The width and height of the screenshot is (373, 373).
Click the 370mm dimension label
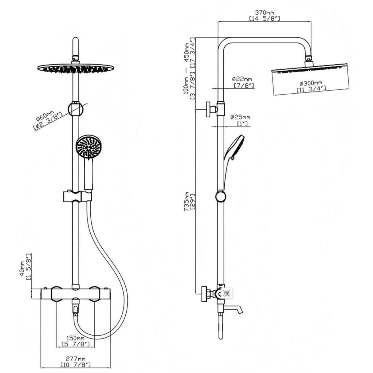[x=264, y=13]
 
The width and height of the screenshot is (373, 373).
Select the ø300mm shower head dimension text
[x=311, y=83]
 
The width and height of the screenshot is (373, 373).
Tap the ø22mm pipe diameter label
[x=242, y=79]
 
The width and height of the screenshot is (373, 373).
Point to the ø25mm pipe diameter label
[x=240, y=117]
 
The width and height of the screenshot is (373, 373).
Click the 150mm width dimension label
[x=76, y=338]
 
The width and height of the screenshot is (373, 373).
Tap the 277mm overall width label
[x=76, y=359]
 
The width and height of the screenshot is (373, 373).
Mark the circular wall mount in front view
[x=76, y=108]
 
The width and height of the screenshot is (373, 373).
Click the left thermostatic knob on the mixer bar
[x=57, y=294]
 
